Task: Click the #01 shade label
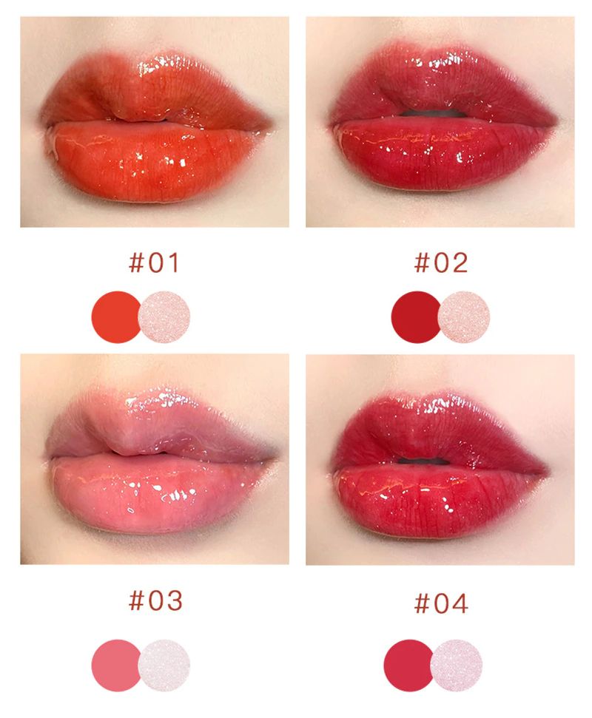point(154,263)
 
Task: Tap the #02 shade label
point(441,263)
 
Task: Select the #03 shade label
point(156,600)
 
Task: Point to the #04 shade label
point(441,603)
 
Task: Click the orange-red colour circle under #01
point(115,317)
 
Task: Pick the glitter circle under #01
point(164,317)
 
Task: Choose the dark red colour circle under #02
point(415,317)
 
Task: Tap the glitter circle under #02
point(464,317)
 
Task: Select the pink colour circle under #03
point(115,665)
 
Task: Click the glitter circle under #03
point(164,665)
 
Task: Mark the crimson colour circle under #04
point(408,665)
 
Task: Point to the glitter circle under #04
point(457,665)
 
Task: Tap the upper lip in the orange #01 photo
point(156,92)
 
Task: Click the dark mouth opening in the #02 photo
point(433,113)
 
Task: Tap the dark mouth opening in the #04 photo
point(424,461)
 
